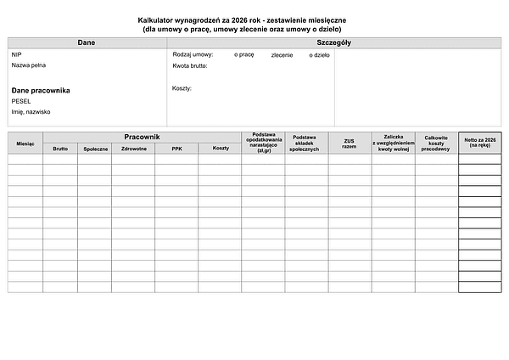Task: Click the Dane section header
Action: pyautogui.click(x=86, y=42)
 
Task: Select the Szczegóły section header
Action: pyautogui.click(x=334, y=42)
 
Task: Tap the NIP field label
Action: pyautogui.click(x=16, y=54)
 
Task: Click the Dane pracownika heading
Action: pyautogui.click(x=41, y=89)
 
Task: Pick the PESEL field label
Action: pyautogui.click(x=21, y=100)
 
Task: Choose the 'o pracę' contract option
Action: pyautogui.click(x=243, y=54)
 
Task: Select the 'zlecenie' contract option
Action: pyautogui.click(x=282, y=54)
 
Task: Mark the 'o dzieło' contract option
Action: pyautogui.click(x=316, y=54)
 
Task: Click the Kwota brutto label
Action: pyautogui.click(x=190, y=65)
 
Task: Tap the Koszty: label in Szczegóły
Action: pyautogui.click(x=182, y=88)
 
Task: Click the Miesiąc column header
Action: pyautogui.click(x=25, y=143)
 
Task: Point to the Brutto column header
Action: pyautogui.click(x=60, y=149)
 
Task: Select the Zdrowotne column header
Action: pyautogui.click(x=134, y=149)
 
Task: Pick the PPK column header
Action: pyautogui.click(x=176, y=149)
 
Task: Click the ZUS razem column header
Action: pyautogui.click(x=350, y=143)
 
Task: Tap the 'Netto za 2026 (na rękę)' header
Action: pyautogui.click(x=479, y=141)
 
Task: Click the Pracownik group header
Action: pyautogui.click(x=142, y=137)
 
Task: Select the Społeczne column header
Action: pyautogui.click(x=95, y=149)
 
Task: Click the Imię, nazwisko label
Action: pyautogui.click(x=31, y=111)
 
